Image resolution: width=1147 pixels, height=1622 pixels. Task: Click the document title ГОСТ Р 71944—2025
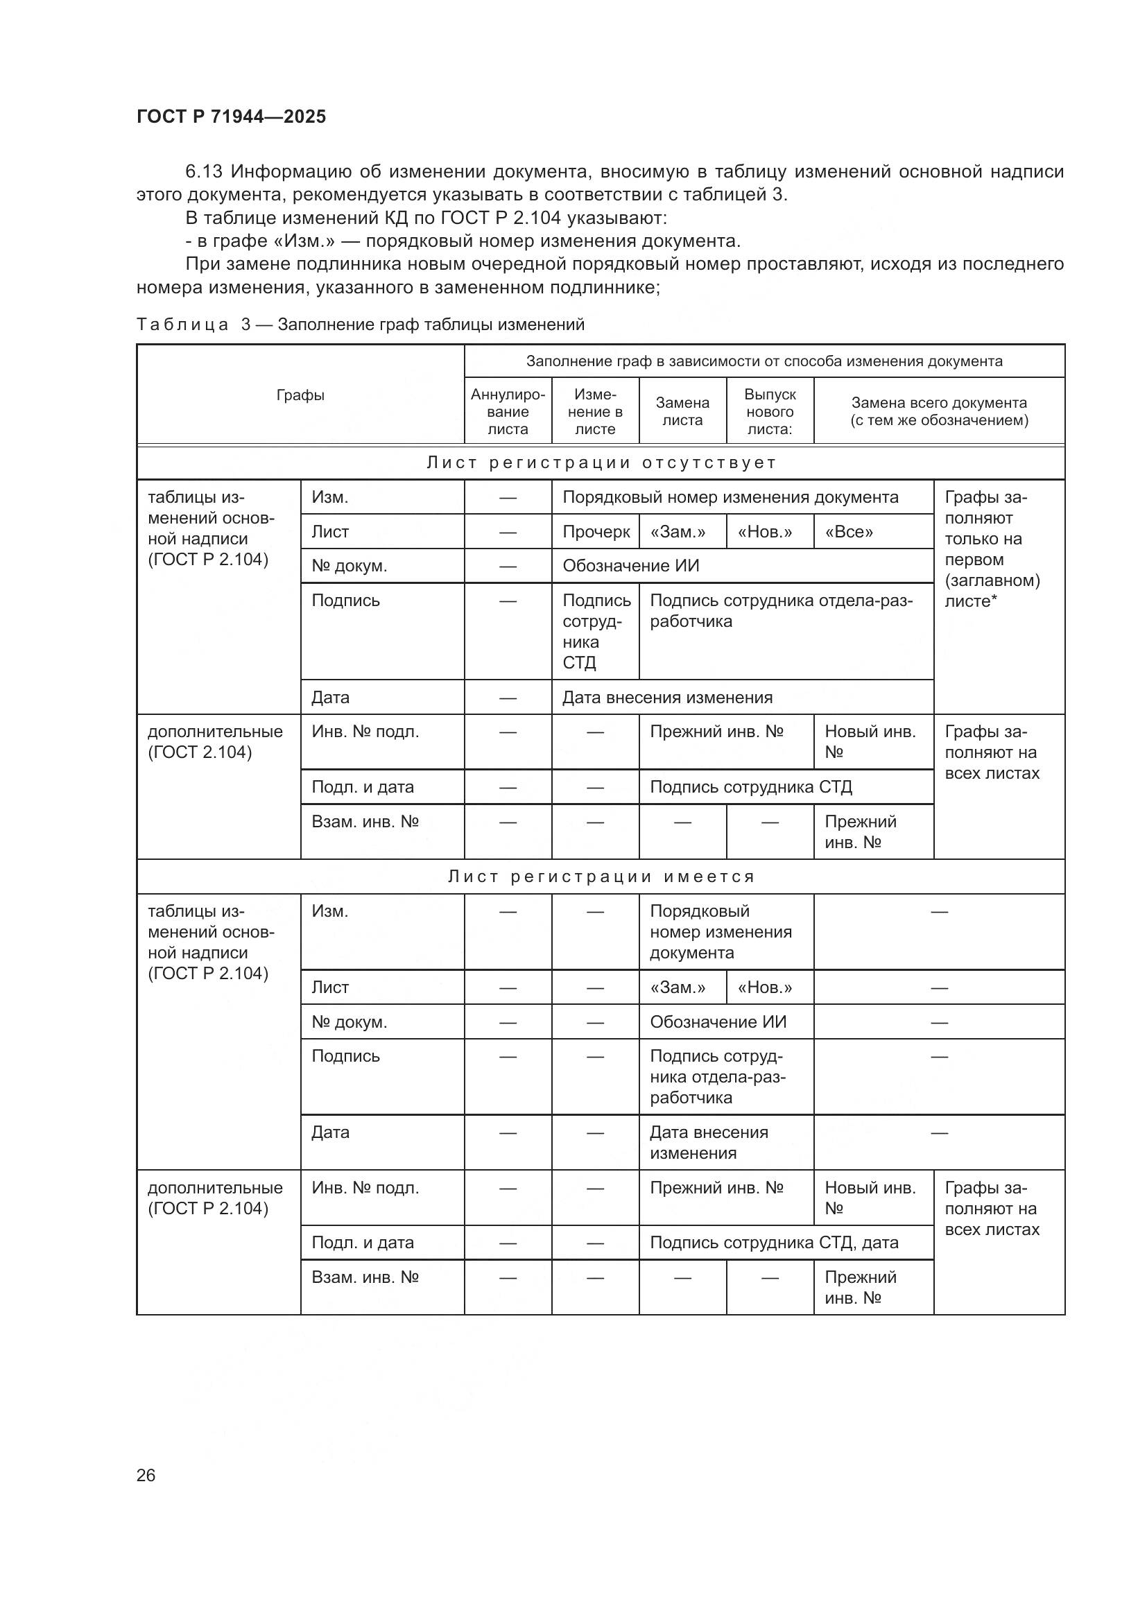231,117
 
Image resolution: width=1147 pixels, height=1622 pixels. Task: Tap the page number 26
146,1475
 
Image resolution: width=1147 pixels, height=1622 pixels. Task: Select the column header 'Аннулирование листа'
508,412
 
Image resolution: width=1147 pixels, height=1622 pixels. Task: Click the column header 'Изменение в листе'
596,412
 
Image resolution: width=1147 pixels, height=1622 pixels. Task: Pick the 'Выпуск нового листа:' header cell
770,412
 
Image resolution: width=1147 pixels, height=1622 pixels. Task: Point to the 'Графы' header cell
300,395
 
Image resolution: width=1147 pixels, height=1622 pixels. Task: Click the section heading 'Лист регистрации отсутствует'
601,463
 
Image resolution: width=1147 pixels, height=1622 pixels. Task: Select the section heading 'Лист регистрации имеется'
601,877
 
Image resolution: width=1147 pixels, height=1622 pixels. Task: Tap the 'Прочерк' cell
596,532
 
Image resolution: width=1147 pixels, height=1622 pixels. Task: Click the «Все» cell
849,532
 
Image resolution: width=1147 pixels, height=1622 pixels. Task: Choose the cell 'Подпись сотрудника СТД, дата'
774,1243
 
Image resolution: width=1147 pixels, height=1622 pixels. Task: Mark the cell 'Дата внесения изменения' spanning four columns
667,698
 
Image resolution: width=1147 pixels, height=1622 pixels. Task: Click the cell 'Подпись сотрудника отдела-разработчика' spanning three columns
781,611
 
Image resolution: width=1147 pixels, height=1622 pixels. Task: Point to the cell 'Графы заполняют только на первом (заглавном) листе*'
992,550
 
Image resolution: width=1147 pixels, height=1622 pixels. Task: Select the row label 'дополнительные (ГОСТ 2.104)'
215,742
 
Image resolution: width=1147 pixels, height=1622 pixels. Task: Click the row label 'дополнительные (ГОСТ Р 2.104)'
215,1198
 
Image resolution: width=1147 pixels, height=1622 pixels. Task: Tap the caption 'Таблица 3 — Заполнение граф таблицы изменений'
360,325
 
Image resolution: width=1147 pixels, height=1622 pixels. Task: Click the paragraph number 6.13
203,172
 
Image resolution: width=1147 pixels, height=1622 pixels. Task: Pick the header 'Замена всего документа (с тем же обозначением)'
939,412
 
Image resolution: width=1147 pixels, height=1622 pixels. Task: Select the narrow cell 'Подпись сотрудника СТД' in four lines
596,632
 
